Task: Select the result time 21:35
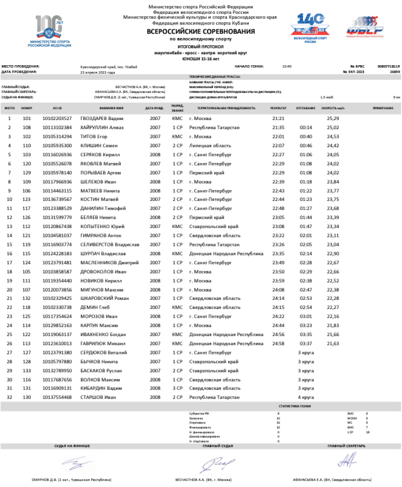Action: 278,127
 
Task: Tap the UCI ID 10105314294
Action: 57,136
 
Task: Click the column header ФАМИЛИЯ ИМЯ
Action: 111,108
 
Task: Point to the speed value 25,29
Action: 333,118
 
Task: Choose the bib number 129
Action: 27,172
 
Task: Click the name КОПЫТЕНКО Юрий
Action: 103,226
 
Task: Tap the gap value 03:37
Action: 306,343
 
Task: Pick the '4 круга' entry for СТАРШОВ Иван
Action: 306,397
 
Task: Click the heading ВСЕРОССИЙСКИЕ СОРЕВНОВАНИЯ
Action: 201,32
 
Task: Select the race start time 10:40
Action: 287,67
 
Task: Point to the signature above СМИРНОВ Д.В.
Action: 79,464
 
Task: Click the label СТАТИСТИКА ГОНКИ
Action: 295,406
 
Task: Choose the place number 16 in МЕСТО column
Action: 10,253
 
